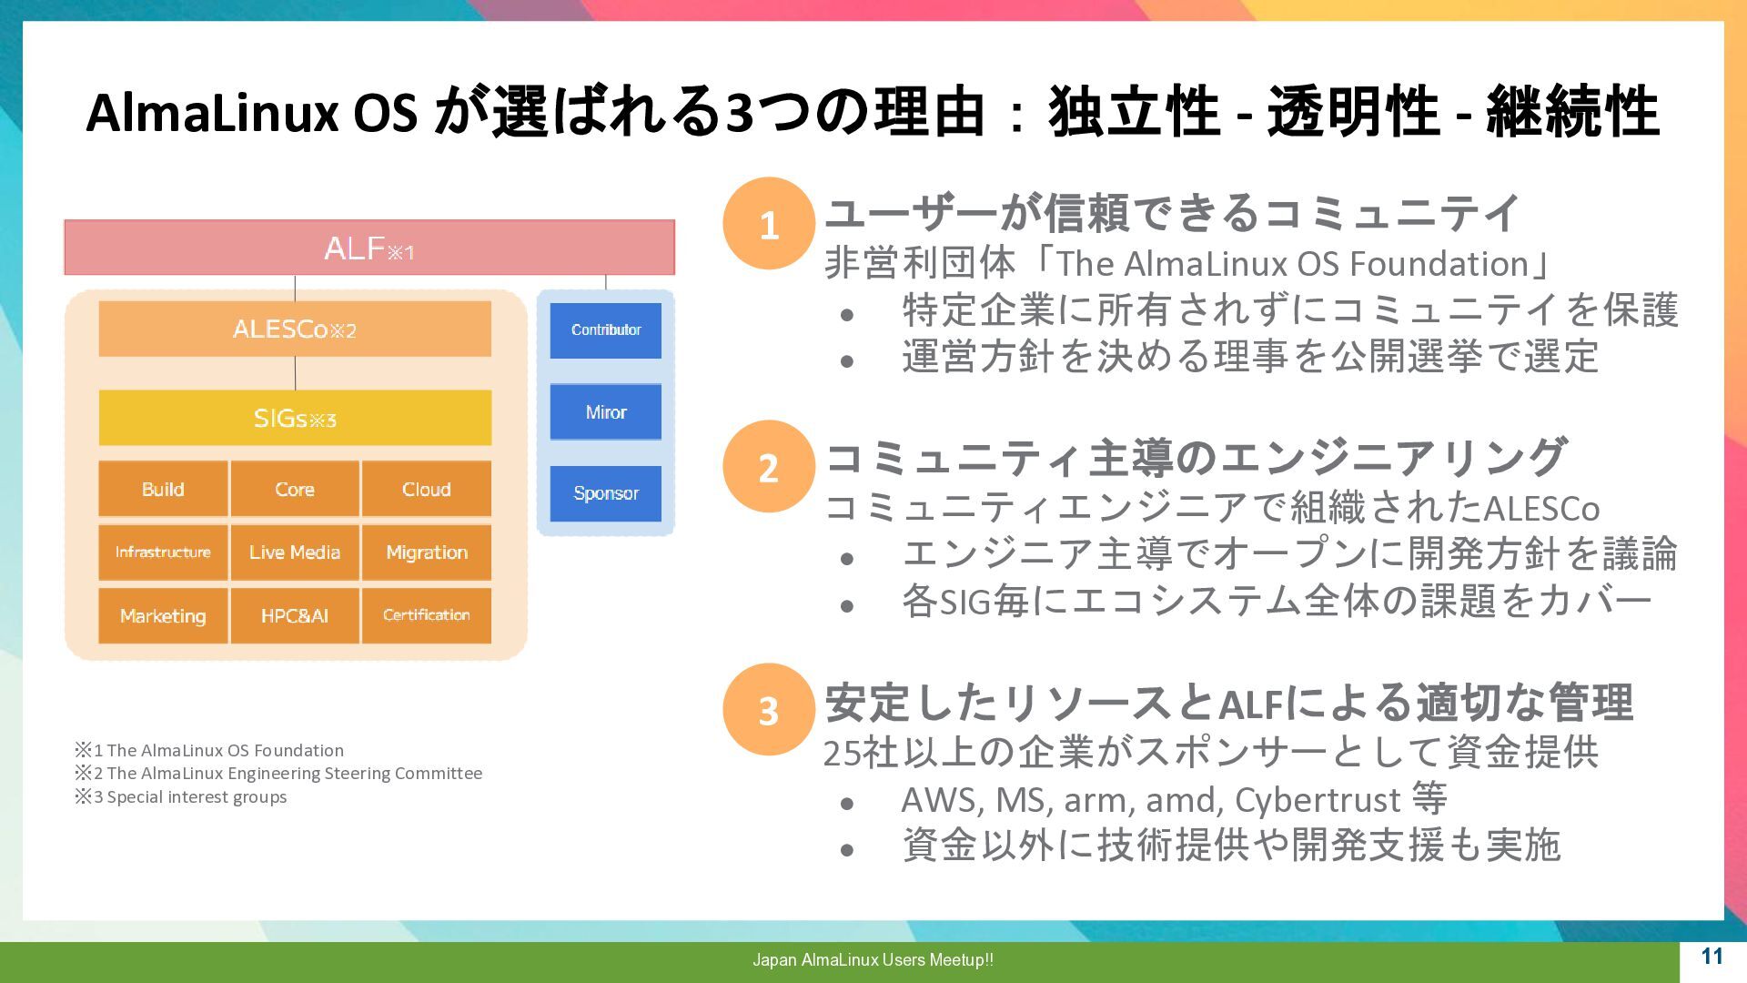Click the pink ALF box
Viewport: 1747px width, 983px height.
[x=369, y=247]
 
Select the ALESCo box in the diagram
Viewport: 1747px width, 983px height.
[x=295, y=329]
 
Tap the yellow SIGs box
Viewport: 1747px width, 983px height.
[x=295, y=418]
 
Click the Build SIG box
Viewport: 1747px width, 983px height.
[x=163, y=489]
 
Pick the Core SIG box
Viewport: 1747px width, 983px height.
[x=295, y=489]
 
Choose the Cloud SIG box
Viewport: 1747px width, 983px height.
[x=426, y=489]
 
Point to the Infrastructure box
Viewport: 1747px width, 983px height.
[x=163, y=552]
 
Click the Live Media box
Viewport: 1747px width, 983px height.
[x=295, y=552]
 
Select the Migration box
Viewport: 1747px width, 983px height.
[x=426, y=552]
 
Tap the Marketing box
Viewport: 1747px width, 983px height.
[x=163, y=616]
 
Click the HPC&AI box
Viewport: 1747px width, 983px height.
[x=295, y=616]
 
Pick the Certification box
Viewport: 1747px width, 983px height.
[x=426, y=616]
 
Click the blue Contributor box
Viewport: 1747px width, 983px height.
[x=606, y=330]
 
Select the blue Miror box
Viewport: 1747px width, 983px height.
[x=606, y=412]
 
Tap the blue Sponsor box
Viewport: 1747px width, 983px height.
[x=606, y=493]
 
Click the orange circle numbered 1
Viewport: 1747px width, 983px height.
[x=769, y=224]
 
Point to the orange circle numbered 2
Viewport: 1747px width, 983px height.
[x=769, y=467]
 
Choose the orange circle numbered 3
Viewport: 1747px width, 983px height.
[x=769, y=710]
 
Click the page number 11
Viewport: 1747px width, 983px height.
[x=1712, y=957]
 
